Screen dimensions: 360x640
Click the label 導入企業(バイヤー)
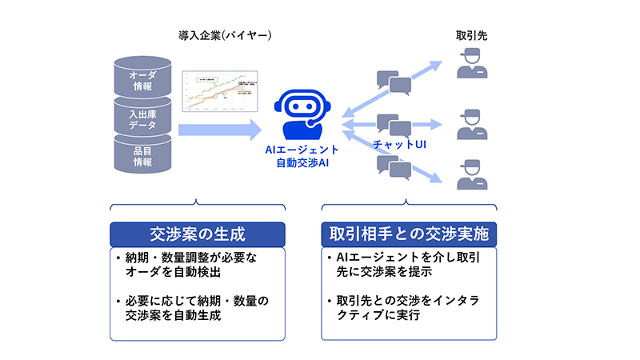225,35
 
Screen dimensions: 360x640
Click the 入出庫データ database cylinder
142,118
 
